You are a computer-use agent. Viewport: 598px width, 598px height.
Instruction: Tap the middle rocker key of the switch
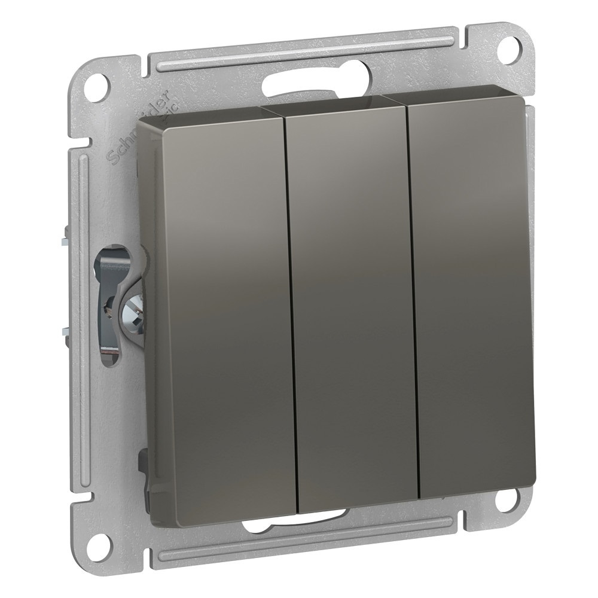(353, 299)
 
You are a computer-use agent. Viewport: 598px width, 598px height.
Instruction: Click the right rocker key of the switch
(472, 293)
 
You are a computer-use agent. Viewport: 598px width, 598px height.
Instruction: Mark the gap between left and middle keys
(289, 305)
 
